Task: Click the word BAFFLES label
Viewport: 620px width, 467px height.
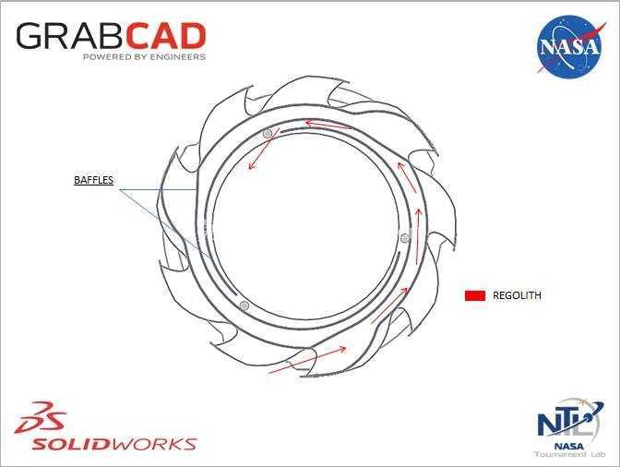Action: (94, 180)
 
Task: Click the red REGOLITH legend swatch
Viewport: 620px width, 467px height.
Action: (475, 295)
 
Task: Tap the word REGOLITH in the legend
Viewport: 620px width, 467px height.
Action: (517, 295)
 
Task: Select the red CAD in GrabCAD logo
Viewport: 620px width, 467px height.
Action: (166, 36)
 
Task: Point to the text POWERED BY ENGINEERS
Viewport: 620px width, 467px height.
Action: (144, 57)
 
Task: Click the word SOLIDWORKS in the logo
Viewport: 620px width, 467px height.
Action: (113, 444)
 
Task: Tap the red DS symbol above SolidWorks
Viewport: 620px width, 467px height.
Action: (41, 417)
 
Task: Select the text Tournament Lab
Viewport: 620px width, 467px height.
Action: (570, 454)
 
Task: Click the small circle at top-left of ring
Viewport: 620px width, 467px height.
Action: (268, 134)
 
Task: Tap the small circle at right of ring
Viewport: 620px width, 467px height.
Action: (404, 237)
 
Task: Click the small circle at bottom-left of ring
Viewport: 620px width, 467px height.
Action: (244, 305)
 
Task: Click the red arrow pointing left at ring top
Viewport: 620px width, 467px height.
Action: (328, 125)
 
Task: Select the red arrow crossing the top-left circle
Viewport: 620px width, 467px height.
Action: (264, 149)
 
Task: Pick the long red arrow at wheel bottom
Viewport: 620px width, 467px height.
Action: (307, 360)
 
